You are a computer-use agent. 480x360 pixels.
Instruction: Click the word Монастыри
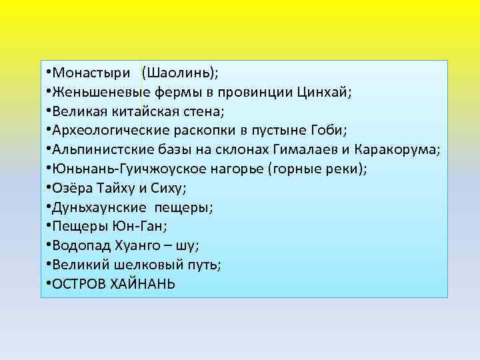pos(93,71)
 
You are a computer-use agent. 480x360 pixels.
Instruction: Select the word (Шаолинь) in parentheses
pos(177,71)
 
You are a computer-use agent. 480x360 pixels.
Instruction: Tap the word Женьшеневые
pos(101,91)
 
